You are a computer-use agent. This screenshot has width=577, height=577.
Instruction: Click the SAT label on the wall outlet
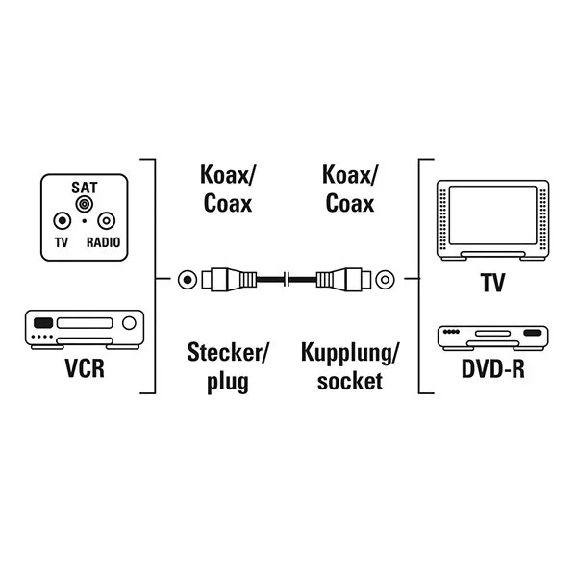point(85,185)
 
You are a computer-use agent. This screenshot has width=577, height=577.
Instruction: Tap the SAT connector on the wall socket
point(85,204)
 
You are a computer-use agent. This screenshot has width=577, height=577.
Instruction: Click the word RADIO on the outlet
point(103,243)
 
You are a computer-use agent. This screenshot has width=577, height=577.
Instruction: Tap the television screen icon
point(491,218)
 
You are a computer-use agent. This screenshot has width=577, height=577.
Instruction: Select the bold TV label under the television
point(491,284)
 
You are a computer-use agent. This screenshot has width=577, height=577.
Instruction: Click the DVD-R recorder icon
point(491,338)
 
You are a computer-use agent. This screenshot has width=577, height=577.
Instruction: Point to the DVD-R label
point(491,369)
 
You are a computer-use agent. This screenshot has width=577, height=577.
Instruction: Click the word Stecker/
point(227,352)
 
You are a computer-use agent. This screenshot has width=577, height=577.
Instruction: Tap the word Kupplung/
point(349,352)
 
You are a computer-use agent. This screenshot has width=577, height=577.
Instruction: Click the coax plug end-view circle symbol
point(186,280)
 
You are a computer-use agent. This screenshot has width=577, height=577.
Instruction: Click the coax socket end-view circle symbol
point(385,280)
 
